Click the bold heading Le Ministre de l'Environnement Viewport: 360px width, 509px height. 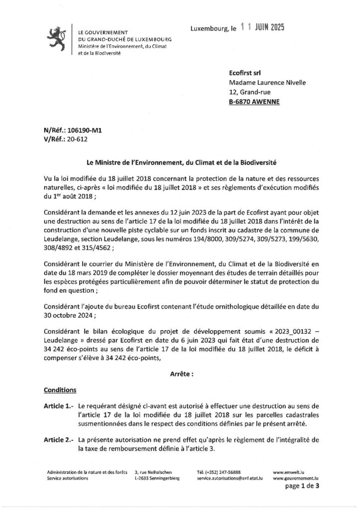click(180, 163)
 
